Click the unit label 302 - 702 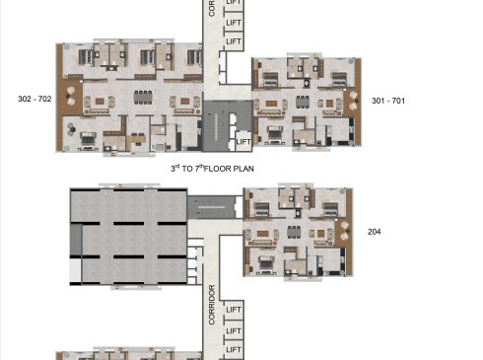(34, 99)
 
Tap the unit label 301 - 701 (388, 101)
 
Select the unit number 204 (375, 232)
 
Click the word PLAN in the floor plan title (243, 169)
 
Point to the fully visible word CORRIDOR (212, 305)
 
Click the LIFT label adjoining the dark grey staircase (243, 142)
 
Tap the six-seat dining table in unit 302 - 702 (143, 98)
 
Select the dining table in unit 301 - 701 (303, 102)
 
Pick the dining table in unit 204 (294, 232)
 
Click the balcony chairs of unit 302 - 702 (71, 97)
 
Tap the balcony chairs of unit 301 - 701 (353, 101)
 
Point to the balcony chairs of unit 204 (344, 231)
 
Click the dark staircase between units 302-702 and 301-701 (216, 126)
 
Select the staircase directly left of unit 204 (212, 207)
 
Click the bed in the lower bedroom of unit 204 (266, 264)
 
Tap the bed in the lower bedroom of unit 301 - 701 (275, 135)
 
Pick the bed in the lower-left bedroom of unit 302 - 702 (88, 140)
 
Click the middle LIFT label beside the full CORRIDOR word (234, 330)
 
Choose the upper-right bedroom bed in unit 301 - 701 (339, 80)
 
